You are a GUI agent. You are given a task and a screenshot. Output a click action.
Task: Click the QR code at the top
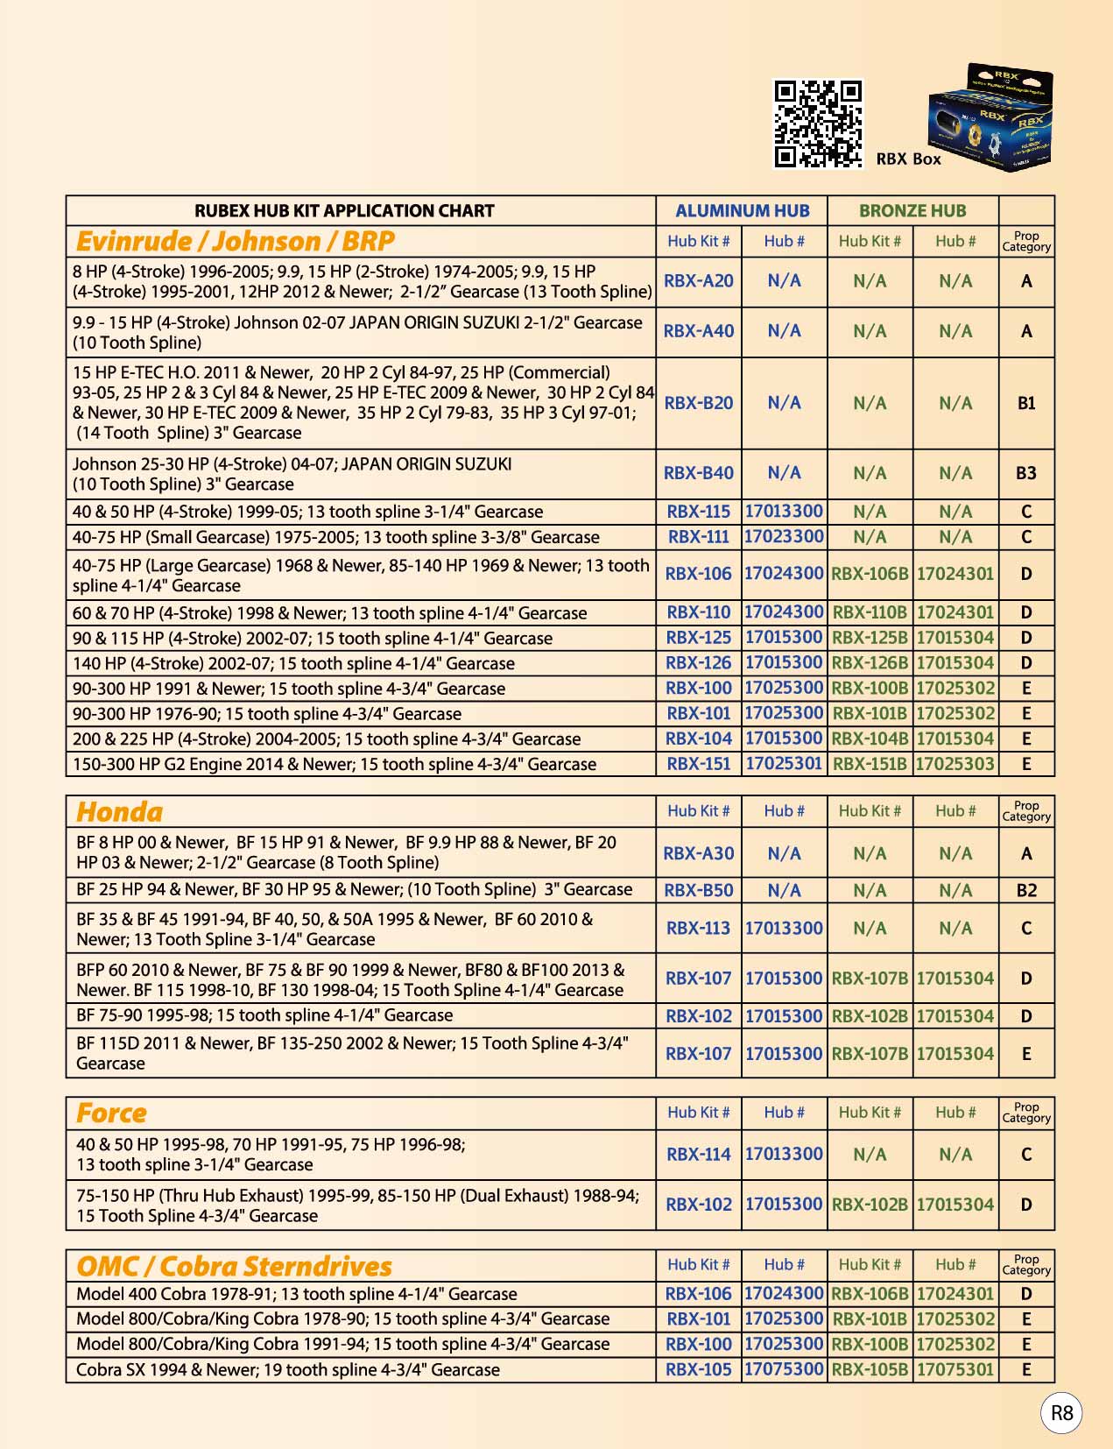(x=818, y=124)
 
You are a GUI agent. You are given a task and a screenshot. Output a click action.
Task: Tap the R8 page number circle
(x=1061, y=1412)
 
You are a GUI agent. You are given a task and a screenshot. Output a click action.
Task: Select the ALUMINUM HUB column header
(x=742, y=211)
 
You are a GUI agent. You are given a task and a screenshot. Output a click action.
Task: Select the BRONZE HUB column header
(x=912, y=211)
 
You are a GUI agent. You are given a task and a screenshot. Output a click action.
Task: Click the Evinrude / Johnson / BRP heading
(x=236, y=241)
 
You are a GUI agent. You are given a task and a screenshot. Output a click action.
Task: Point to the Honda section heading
(x=120, y=812)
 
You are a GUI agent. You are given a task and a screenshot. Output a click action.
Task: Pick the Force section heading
(x=112, y=1113)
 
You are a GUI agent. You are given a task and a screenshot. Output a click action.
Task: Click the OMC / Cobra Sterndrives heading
(x=234, y=1266)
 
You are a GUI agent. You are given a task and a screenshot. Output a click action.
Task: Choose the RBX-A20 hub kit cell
(x=699, y=281)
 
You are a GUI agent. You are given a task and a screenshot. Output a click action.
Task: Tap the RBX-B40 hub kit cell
(x=699, y=473)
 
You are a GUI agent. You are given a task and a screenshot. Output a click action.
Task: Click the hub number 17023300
(x=784, y=536)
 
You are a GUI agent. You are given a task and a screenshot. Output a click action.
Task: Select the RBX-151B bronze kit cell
(x=870, y=764)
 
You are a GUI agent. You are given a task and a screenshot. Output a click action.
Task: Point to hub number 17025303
(x=955, y=764)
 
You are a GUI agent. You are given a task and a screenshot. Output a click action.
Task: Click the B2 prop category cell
(x=1026, y=890)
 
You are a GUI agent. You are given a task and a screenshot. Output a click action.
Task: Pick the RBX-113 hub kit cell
(x=699, y=928)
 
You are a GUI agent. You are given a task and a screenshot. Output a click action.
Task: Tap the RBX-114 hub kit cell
(x=699, y=1155)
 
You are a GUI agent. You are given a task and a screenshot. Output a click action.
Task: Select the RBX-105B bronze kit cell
(x=870, y=1369)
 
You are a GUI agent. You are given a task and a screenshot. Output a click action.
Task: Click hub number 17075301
(x=955, y=1369)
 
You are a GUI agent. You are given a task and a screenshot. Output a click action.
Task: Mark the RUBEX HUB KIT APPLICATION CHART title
(x=344, y=211)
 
